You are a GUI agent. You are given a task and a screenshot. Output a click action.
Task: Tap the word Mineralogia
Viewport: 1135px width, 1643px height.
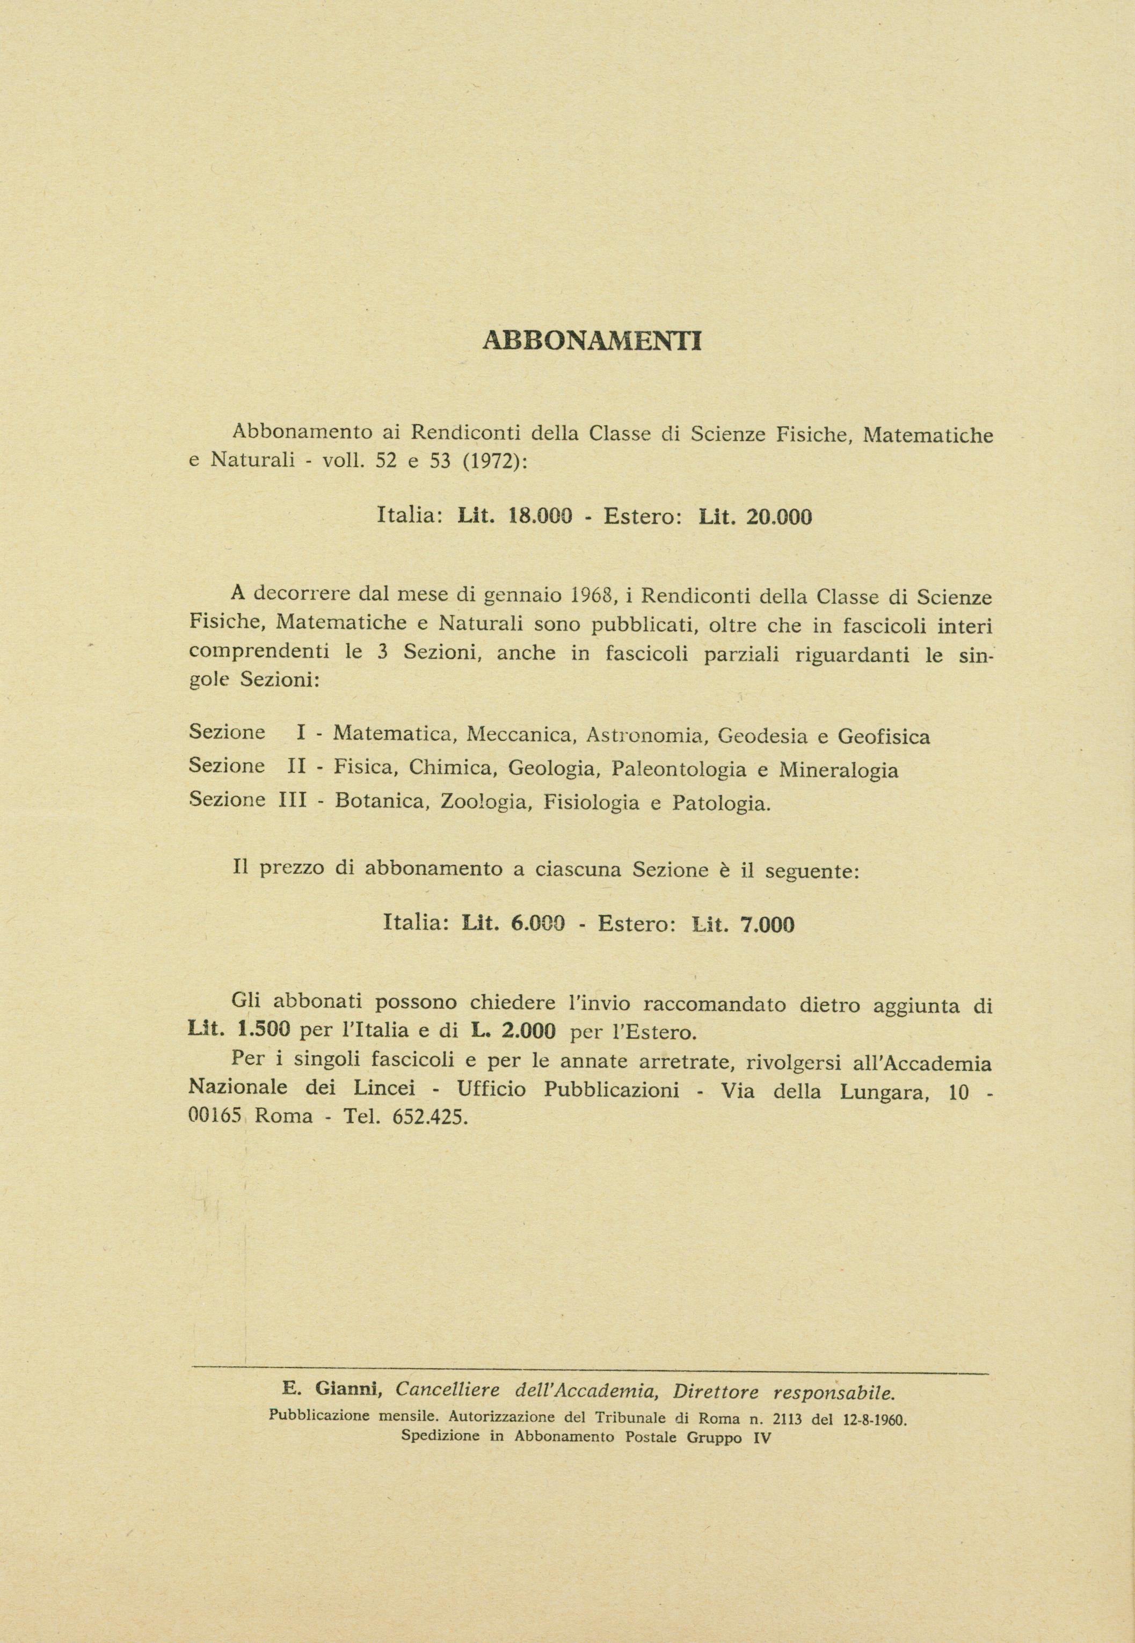tap(839, 770)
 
